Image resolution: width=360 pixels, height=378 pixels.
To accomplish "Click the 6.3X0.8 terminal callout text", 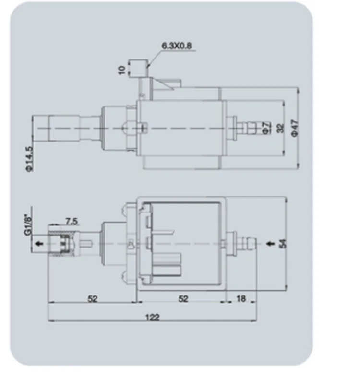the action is (176, 46).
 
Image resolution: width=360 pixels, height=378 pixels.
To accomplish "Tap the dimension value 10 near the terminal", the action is (122, 70).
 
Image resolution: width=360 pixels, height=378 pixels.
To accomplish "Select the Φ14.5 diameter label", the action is (29, 159).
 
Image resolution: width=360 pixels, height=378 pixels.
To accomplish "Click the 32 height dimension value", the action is (281, 128).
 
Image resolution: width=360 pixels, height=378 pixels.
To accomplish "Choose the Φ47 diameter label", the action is (295, 128).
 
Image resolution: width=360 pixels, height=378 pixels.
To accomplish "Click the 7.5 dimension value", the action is (72, 221).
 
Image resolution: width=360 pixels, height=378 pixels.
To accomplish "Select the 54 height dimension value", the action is (283, 244).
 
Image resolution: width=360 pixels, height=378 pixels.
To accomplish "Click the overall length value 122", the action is (153, 317).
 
